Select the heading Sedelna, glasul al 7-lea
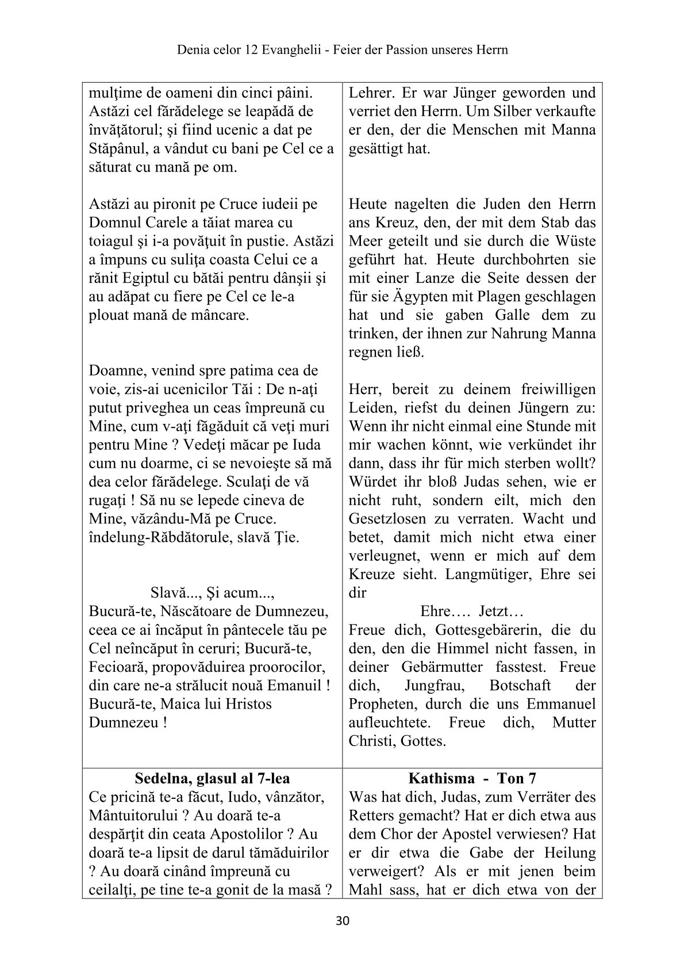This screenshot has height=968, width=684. (212, 779)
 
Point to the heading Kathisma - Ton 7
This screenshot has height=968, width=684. (472, 779)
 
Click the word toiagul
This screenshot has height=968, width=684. (113, 241)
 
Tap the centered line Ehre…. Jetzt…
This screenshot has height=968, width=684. (471, 611)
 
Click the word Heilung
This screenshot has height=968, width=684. (569, 853)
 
